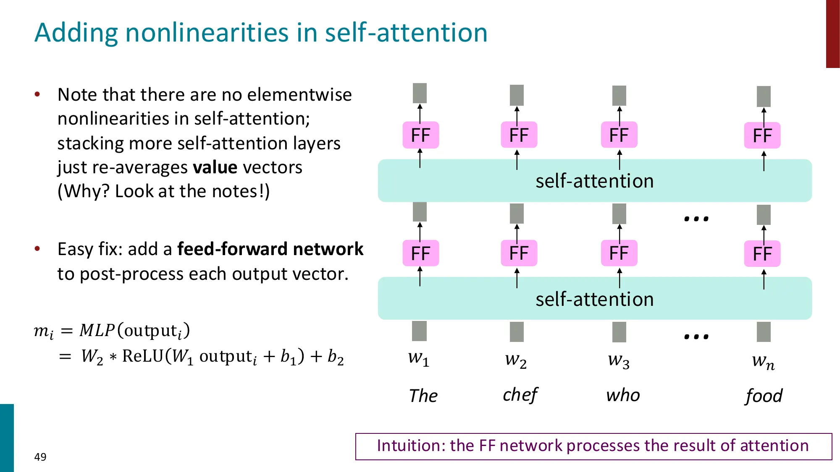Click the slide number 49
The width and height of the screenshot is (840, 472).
(x=40, y=457)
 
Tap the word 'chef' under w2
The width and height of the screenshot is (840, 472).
(x=520, y=395)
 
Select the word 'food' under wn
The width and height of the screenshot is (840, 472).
(x=764, y=396)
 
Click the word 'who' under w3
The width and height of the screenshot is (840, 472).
(x=623, y=395)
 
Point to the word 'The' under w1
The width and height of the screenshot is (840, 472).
(x=423, y=396)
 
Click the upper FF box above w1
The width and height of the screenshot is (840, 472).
(x=420, y=135)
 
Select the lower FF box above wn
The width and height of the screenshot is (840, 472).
(x=762, y=254)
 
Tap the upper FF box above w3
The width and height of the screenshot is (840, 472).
(x=619, y=135)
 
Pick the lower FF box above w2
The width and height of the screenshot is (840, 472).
(x=519, y=253)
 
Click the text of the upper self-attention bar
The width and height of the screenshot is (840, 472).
(x=594, y=181)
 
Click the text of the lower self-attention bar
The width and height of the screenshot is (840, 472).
(x=594, y=300)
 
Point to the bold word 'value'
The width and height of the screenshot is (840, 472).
(x=215, y=167)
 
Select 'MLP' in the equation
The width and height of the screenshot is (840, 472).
(x=97, y=331)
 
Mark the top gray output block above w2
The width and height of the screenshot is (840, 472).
(x=517, y=95)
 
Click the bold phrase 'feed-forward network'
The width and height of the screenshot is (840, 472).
(x=270, y=249)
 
